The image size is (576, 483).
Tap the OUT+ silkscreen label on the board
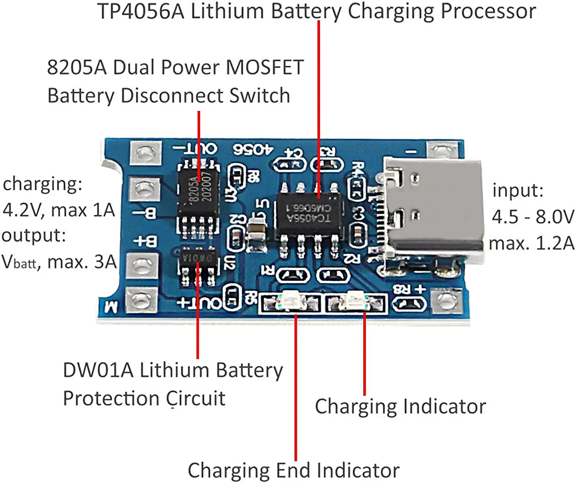tap(199, 303)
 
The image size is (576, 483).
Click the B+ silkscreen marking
tap(146, 241)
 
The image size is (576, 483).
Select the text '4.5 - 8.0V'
tap(533, 217)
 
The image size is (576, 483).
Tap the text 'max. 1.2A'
tap(531, 243)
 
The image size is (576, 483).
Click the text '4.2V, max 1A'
tap(58, 210)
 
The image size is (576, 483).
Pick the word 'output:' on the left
tap(34, 235)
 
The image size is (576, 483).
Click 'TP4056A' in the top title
tap(141, 11)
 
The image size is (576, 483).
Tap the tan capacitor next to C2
tap(257, 230)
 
